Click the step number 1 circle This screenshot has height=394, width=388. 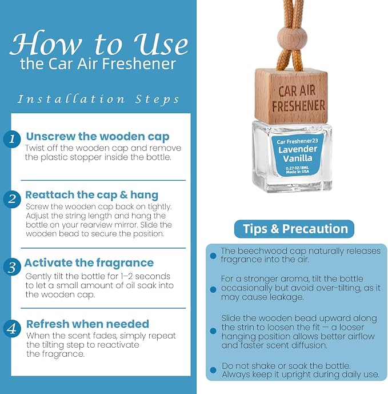[12, 139]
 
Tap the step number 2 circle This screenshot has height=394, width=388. [12, 199]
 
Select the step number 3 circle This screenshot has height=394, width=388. [12, 266]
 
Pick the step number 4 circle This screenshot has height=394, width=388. [12, 328]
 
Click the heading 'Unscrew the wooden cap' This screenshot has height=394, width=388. [98, 137]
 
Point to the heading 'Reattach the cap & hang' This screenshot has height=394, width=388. [92, 195]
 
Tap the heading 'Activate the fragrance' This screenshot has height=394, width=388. [89, 263]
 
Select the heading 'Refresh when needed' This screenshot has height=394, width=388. [87, 324]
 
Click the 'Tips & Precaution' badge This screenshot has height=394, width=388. [294, 229]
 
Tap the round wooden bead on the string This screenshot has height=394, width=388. [289, 38]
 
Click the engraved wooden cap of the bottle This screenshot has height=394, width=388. [291, 96]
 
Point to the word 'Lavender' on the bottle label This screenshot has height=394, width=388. [298, 149]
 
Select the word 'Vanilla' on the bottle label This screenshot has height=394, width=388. [298, 158]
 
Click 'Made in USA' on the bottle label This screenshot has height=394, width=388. [298, 172]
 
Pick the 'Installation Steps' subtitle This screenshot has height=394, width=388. [98, 100]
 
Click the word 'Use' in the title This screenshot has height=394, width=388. [161, 44]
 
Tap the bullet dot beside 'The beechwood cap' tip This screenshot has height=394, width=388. [213, 256]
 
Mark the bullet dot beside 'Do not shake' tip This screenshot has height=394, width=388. [213, 370]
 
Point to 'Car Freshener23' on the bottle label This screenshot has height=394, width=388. [297, 141]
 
